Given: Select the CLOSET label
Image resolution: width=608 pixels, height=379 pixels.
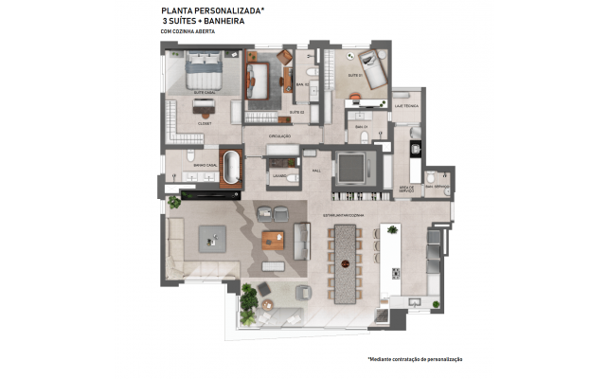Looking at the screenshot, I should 204,122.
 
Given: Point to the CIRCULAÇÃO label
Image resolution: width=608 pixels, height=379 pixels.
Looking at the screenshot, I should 279,136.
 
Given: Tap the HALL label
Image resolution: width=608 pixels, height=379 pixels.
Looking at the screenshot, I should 317,171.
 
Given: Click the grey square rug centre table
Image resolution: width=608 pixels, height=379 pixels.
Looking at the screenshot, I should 212,238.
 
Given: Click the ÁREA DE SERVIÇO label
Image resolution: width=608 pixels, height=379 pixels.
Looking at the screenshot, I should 409,189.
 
